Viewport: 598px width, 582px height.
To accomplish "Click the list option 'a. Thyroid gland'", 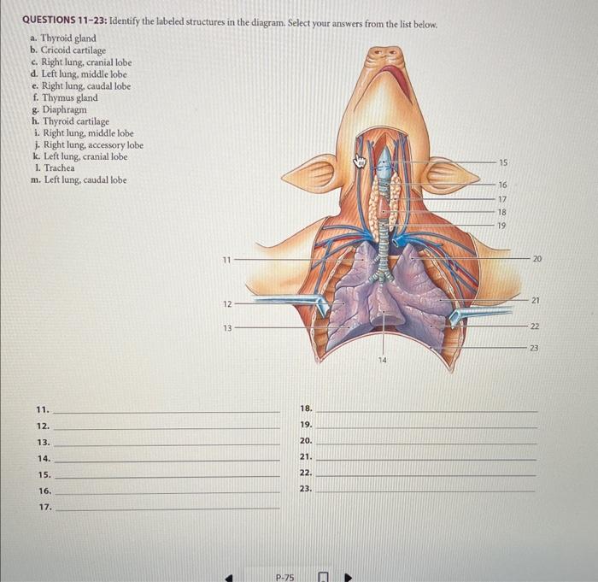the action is pyautogui.click(x=65, y=38).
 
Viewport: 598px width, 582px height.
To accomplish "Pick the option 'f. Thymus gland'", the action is pyautogui.click(x=67, y=98).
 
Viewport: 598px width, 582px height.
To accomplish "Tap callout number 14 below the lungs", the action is pyautogui.click(x=382, y=361).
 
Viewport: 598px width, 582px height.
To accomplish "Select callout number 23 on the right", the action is pyautogui.click(x=535, y=346).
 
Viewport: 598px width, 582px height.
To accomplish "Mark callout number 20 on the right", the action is pyautogui.click(x=536, y=258).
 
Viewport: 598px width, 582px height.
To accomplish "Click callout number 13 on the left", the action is pyautogui.click(x=226, y=327).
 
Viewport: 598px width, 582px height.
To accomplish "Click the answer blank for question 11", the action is pyautogui.click(x=167, y=411).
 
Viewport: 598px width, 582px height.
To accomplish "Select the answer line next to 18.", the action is pyautogui.click(x=426, y=411).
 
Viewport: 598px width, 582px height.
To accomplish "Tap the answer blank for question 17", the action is pyautogui.click(x=167, y=509).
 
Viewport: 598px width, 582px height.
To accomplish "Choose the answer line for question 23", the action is pyautogui.click(x=426, y=491).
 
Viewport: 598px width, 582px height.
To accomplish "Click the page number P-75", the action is pyautogui.click(x=284, y=577).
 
